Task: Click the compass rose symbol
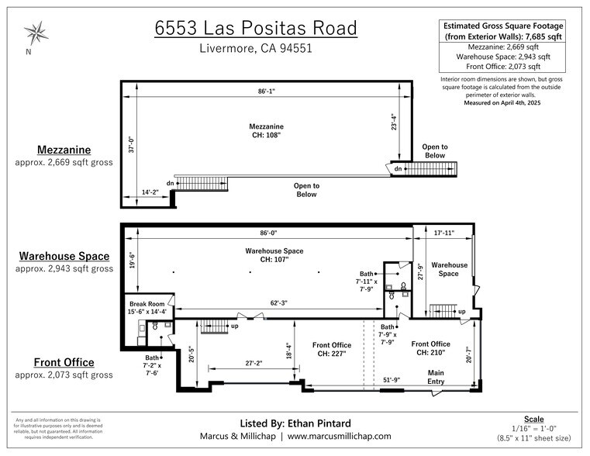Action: [36, 33]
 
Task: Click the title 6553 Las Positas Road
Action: [255, 28]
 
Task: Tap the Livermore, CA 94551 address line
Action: [255, 48]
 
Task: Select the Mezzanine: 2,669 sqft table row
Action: [503, 47]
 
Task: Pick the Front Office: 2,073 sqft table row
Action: [503, 67]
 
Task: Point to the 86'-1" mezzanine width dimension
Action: [267, 91]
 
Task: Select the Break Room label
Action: [146, 303]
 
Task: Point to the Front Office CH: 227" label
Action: [332, 349]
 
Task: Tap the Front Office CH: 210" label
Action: [430, 348]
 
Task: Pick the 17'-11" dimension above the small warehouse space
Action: [449, 232]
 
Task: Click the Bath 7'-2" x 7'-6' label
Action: [153, 364]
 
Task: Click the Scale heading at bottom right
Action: [533, 419]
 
